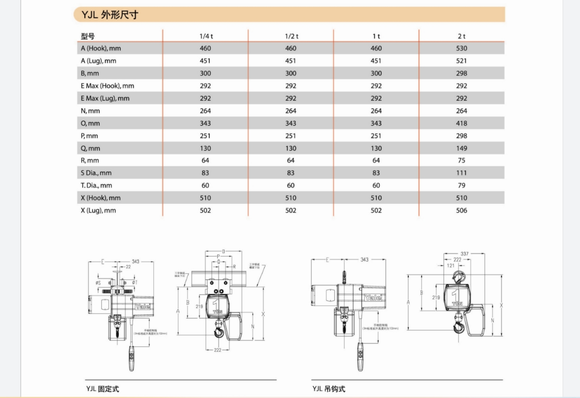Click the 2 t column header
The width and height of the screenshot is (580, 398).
[x=461, y=36]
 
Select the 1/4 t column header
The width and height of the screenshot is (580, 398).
[x=206, y=36]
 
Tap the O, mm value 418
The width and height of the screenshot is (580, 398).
[x=461, y=123]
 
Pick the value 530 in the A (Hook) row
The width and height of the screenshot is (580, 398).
[x=461, y=48]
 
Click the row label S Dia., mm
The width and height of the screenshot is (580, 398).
[x=96, y=173]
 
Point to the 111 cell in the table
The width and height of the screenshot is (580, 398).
[x=461, y=173]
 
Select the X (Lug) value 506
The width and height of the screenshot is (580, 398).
[x=461, y=210]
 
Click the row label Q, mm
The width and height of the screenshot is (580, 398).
[x=90, y=148]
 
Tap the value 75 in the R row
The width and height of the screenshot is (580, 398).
[x=461, y=161]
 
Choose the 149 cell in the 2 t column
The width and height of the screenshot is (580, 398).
[x=461, y=148]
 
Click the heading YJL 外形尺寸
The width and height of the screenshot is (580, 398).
[x=110, y=15]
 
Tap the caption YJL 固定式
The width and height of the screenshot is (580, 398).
[x=102, y=389]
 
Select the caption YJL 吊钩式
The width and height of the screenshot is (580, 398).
[x=329, y=389]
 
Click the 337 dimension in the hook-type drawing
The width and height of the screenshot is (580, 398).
[x=464, y=254]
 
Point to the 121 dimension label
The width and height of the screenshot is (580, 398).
[x=451, y=265]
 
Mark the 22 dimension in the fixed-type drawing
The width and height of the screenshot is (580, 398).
[x=128, y=267]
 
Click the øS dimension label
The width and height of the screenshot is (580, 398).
[x=98, y=283]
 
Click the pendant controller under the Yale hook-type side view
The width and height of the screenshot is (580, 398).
[x=360, y=356]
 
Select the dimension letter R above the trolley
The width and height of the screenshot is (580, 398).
[x=234, y=267]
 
